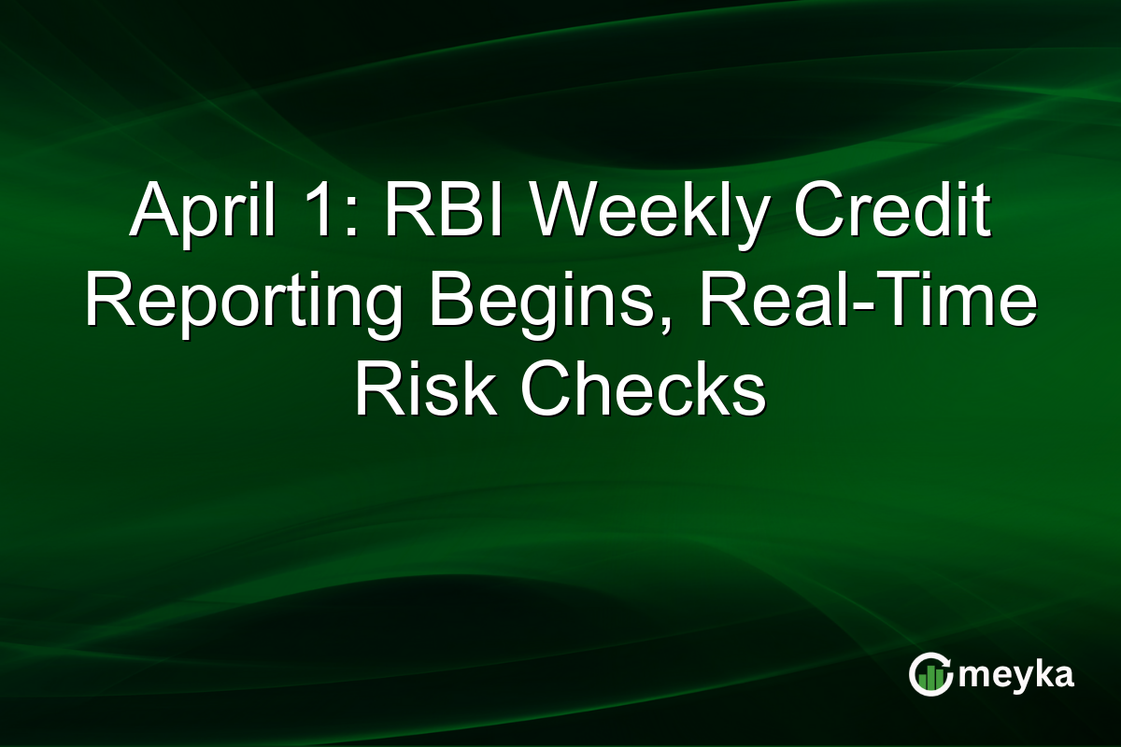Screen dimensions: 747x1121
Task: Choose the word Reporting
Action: tap(241, 303)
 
